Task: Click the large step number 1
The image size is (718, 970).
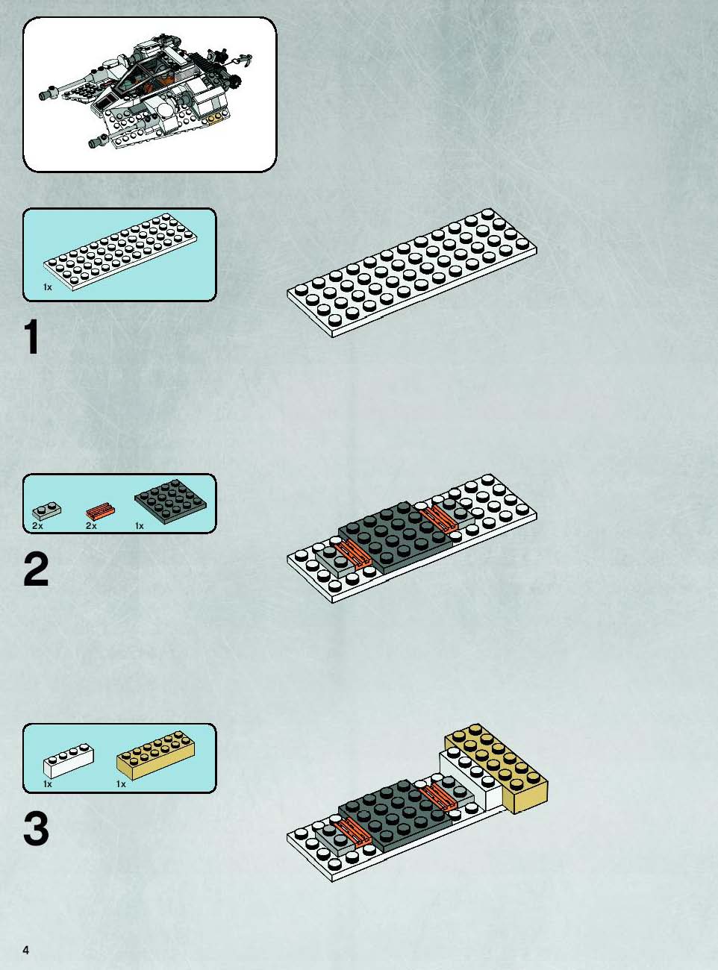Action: point(31,337)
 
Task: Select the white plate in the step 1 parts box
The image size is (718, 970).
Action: point(120,252)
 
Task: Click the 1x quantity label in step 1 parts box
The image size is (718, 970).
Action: point(48,287)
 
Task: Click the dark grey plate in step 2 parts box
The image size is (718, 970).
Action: point(171,501)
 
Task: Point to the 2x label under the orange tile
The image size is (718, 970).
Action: point(91,526)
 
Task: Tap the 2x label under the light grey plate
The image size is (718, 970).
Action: point(37,526)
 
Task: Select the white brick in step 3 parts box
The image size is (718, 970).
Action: point(68,763)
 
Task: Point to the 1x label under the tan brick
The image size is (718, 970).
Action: point(121,784)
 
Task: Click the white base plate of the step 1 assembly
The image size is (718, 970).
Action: point(412,273)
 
